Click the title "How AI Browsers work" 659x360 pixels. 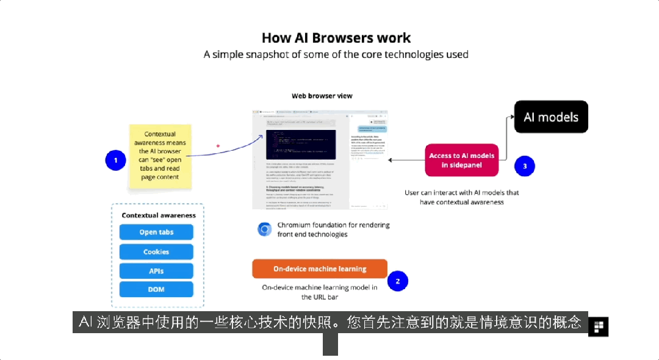pos(336,38)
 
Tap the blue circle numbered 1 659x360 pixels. pos(115,160)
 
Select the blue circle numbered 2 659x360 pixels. pos(398,281)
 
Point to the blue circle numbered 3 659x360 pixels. pos(524,166)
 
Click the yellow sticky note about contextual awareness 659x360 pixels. pos(160,156)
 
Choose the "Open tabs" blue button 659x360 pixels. pos(156,232)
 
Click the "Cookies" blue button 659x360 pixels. pos(156,251)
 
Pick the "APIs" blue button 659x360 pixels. pos(156,270)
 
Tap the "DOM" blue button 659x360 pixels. pos(156,289)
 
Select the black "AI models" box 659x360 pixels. pos(551,117)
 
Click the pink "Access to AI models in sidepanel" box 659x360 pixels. pos(462,160)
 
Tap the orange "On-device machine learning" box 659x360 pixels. pos(320,268)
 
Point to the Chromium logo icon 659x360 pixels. pos(265,229)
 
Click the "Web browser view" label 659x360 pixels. pos(322,96)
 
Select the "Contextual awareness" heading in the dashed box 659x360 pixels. pos(159,215)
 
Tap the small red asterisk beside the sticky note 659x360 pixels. pos(218,146)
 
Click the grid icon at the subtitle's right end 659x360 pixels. pos(598,326)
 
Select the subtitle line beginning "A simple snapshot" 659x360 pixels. pos(336,54)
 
